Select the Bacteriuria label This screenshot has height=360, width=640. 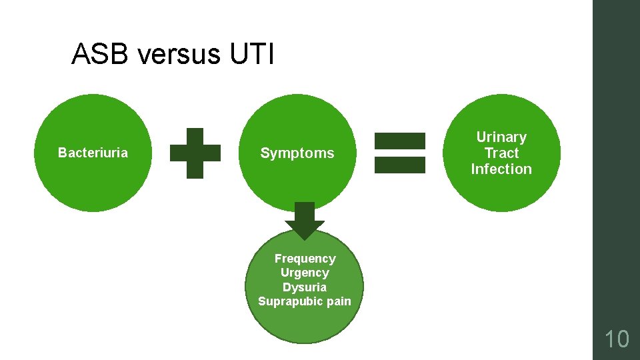tap(93, 153)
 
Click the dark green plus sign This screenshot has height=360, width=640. tap(195, 153)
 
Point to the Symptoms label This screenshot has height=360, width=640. tap(297, 153)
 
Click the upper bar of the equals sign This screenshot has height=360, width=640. tap(400, 141)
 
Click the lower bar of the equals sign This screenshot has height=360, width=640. tap(400, 165)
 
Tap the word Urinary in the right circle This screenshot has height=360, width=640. tap(501, 137)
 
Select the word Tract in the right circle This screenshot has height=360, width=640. tap(501, 153)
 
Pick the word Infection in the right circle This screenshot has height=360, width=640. tap(501, 169)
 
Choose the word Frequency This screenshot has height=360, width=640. tap(305, 259)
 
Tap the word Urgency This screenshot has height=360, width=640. tap(305, 273)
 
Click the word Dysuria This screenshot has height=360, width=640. tap(305, 287)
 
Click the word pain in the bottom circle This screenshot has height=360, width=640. tap(339, 301)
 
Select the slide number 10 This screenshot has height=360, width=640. tap(617, 339)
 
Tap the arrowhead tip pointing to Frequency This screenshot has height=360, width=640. tap(305, 238)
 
